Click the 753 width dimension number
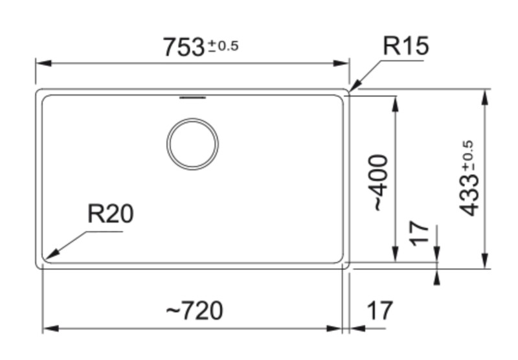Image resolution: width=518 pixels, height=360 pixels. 184,47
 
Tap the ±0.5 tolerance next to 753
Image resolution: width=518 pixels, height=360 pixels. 223,46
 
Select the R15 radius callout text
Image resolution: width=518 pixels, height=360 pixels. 406,46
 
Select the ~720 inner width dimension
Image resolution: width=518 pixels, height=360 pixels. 194,311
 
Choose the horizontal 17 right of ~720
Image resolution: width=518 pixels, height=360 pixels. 379,311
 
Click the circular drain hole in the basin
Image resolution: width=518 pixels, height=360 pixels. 192,144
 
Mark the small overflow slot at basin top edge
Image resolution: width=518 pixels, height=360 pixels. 192,98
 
